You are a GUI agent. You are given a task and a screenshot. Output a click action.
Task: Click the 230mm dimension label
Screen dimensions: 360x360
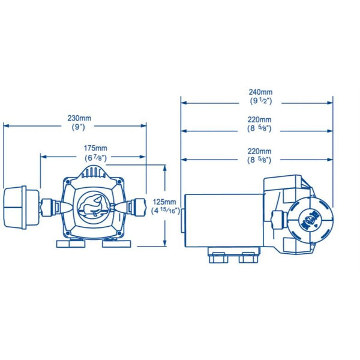click(x=76, y=118)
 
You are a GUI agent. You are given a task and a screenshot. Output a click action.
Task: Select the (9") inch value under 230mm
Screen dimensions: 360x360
click(x=76, y=127)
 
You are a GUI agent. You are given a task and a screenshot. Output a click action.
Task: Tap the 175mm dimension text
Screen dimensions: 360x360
click(x=95, y=148)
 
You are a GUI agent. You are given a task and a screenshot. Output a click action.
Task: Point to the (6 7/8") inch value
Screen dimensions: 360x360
click(x=95, y=157)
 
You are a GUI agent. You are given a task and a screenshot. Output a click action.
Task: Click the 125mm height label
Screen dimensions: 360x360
click(x=165, y=202)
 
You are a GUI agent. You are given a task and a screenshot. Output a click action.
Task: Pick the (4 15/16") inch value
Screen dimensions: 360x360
click(x=165, y=211)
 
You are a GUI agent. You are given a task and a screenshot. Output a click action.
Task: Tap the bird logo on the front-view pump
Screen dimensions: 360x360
click(x=93, y=206)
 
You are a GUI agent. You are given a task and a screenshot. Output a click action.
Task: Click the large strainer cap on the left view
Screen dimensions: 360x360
click(x=19, y=207)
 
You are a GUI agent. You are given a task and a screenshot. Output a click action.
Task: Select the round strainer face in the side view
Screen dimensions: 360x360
click(x=310, y=218)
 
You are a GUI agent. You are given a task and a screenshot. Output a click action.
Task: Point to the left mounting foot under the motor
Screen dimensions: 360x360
click(x=217, y=259)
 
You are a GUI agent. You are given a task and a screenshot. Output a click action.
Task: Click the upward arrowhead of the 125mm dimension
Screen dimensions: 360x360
click(x=165, y=169)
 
